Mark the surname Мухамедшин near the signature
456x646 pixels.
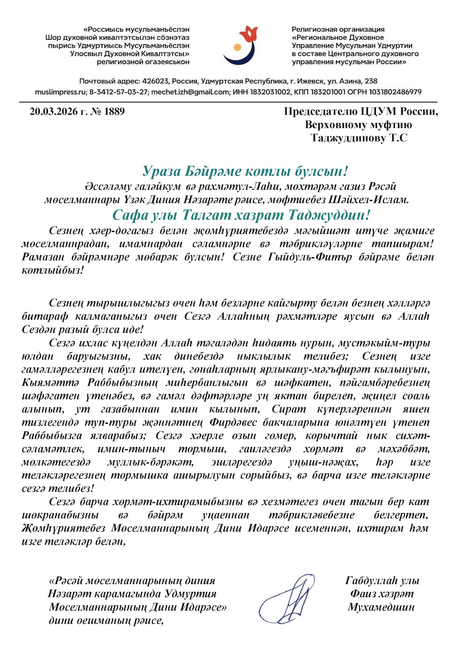pyautogui.click(x=381, y=607)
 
